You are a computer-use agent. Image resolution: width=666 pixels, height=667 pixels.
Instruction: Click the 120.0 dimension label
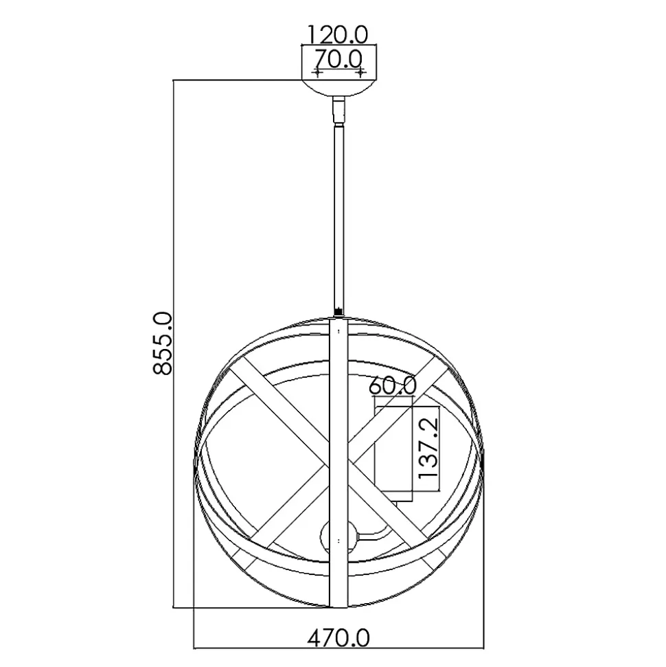click(337, 34)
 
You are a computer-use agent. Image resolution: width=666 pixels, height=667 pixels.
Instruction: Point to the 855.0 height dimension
click(163, 343)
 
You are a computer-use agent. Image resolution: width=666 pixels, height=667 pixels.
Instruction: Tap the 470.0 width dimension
click(338, 638)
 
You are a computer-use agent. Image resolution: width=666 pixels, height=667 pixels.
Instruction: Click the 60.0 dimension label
click(393, 386)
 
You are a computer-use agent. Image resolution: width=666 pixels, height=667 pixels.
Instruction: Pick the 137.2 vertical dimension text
click(428, 447)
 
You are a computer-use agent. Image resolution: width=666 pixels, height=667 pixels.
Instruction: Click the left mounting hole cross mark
click(317, 74)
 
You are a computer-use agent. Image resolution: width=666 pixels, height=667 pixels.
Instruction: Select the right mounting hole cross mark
click(360, 74)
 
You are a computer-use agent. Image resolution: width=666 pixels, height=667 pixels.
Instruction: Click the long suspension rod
click(339, 217)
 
